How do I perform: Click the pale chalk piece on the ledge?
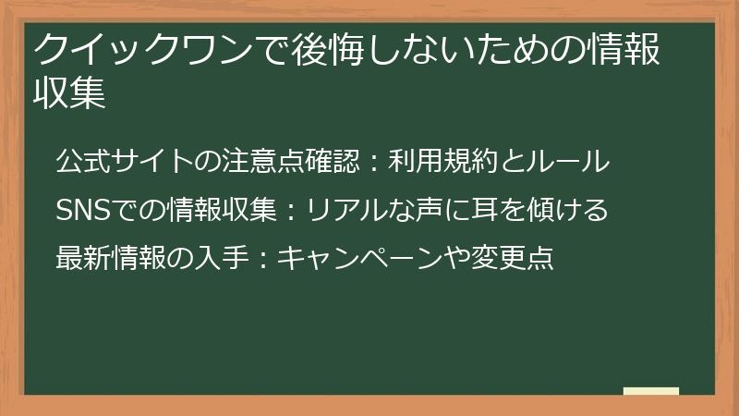651,391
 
